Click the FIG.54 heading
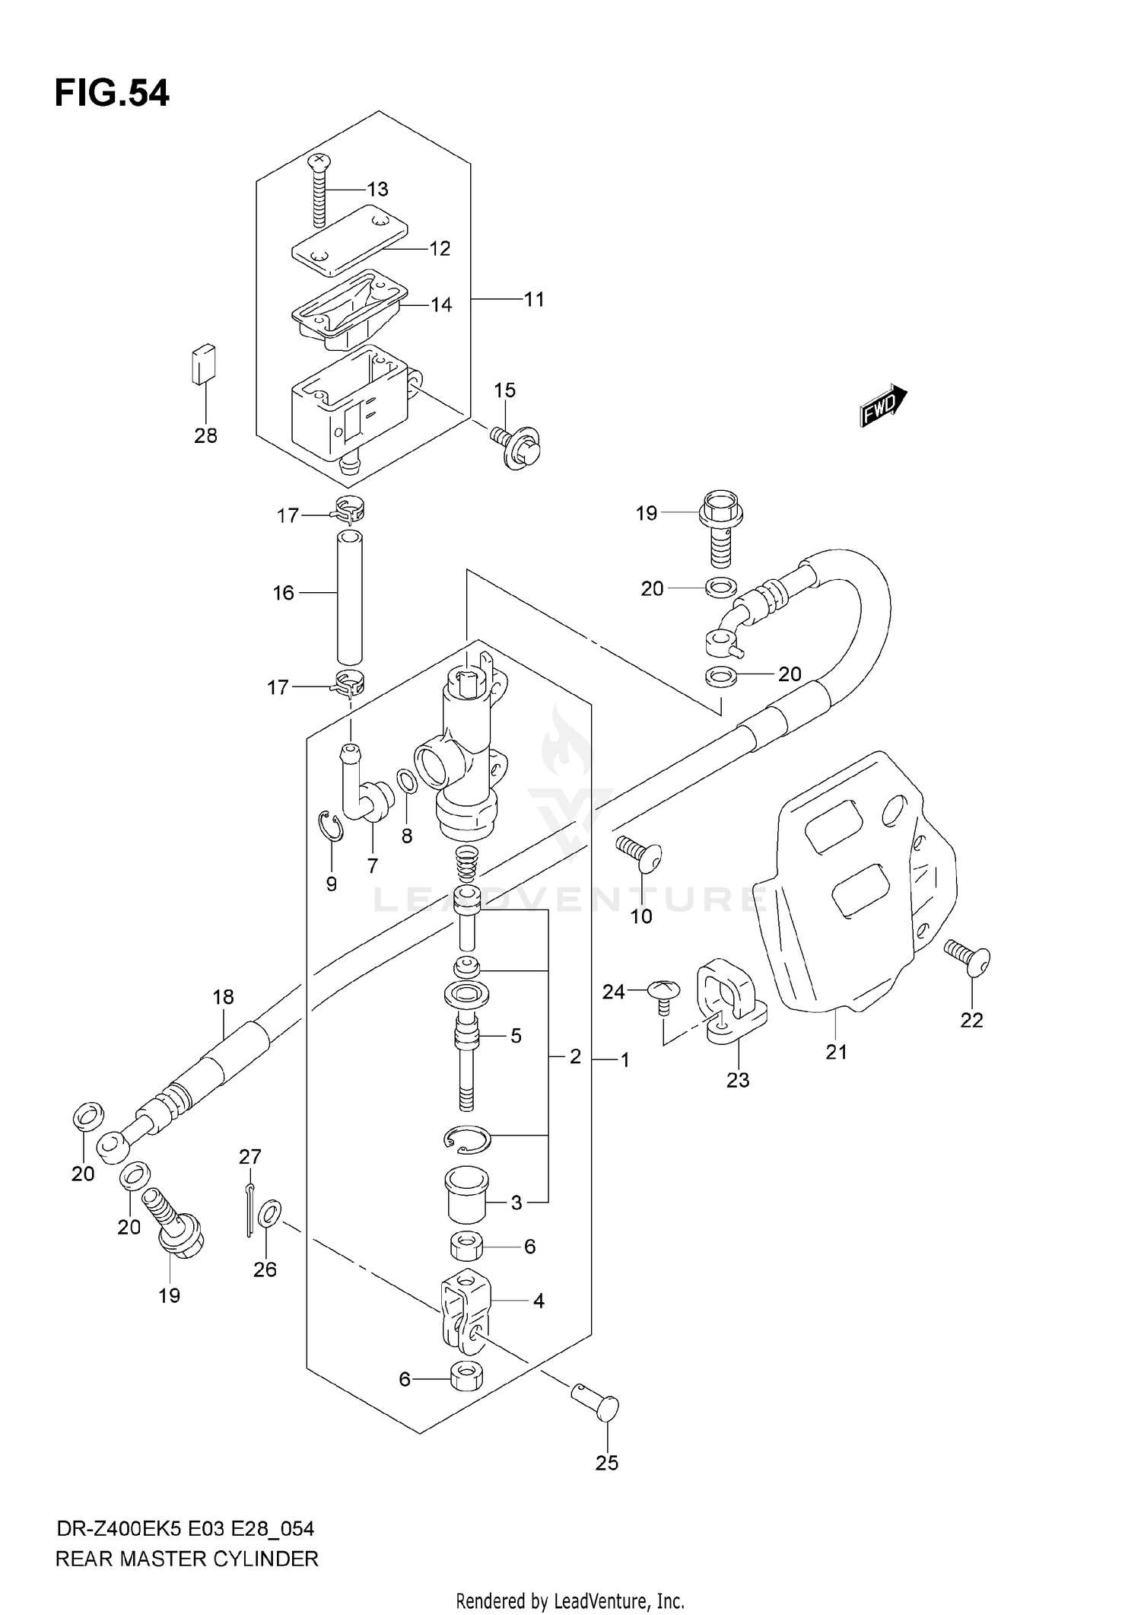point(112,93)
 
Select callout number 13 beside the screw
point(377,189)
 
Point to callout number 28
point(205,435)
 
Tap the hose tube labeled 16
point(350,598)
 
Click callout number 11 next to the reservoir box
point(535,299)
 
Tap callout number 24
point(613,992)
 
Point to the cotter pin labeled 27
point(250,1210)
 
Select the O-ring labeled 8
point(407,782)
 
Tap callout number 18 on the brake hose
point(223,997)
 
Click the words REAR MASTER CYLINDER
point(187,1559)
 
